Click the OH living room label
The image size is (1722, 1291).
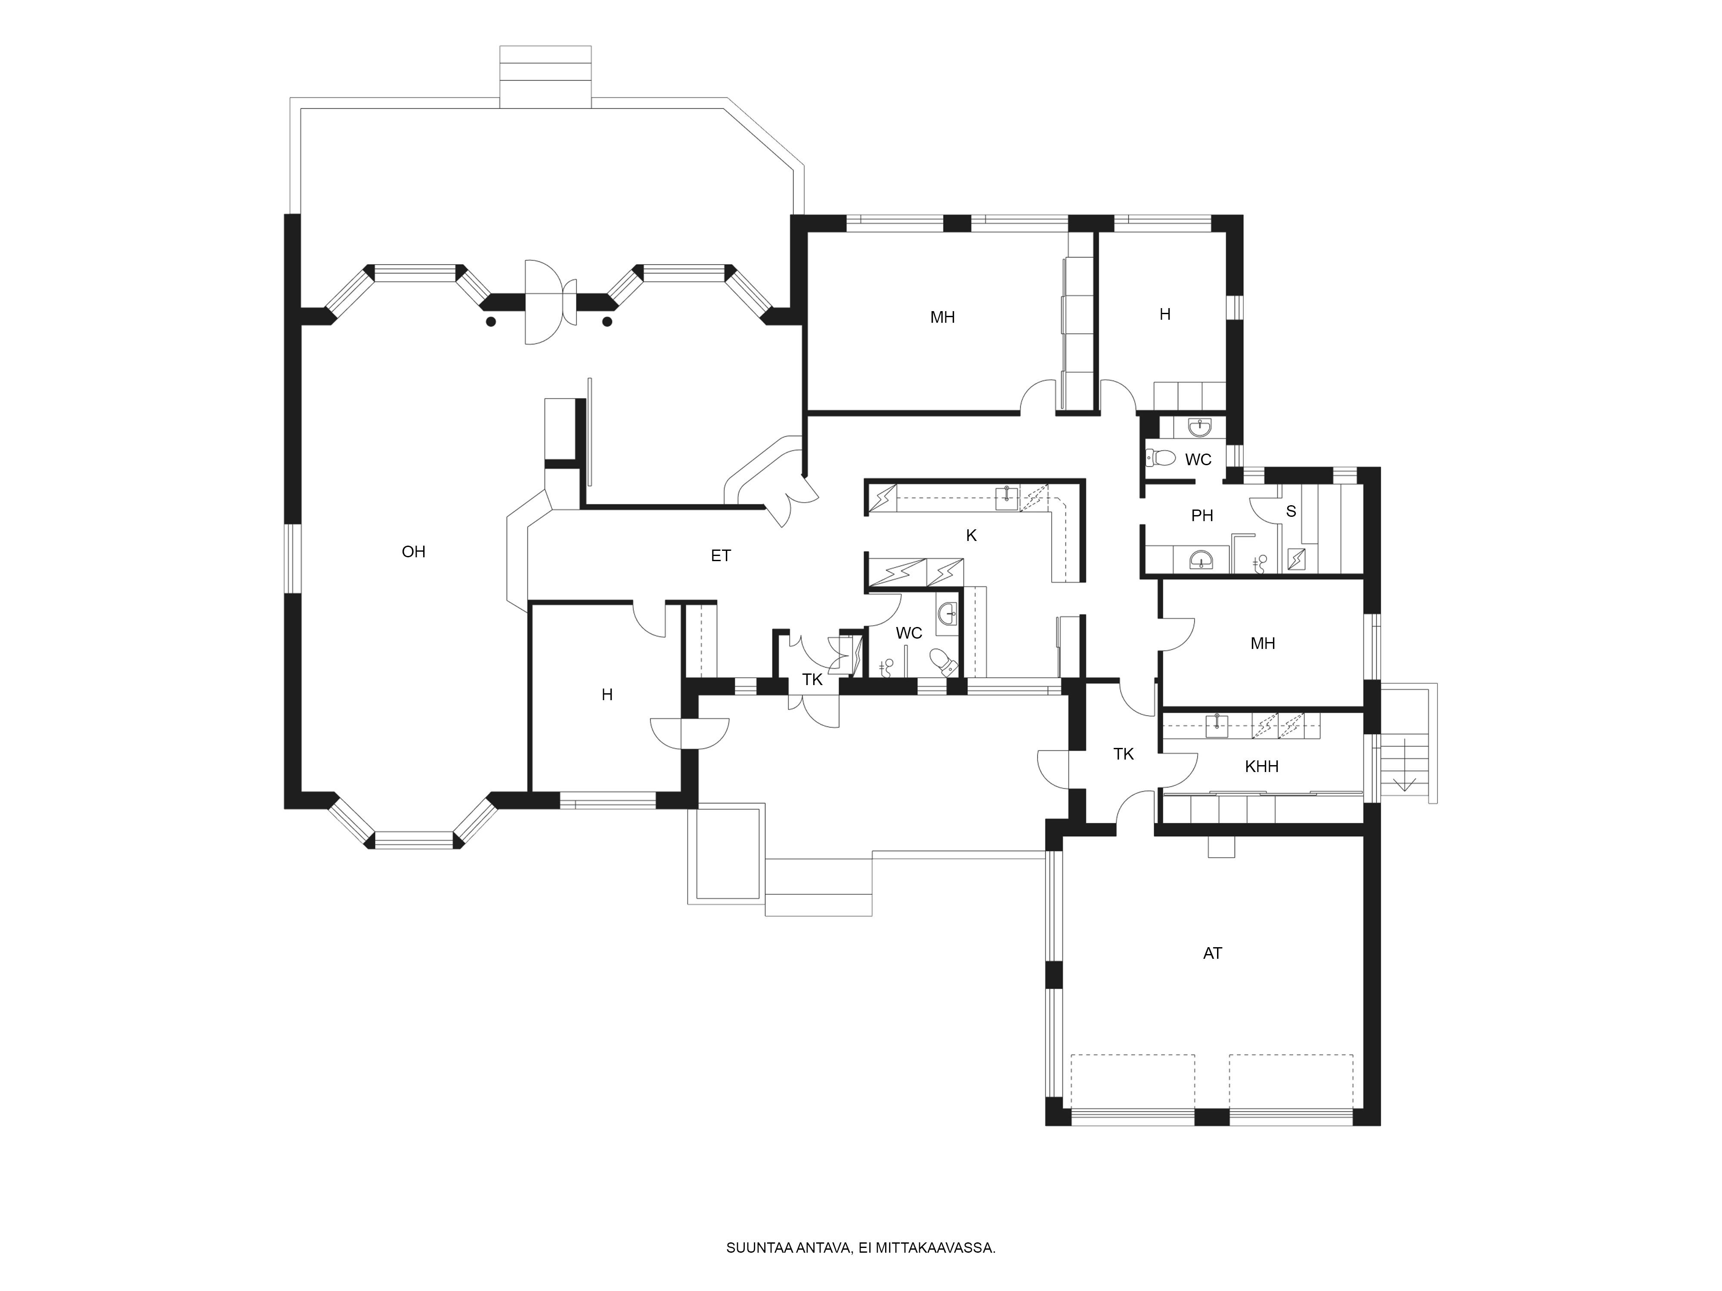pos(413,552)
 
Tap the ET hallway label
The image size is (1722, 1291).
pos(721,556)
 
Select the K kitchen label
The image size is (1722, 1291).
pos(971,535)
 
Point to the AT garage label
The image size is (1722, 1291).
pos(1212,953)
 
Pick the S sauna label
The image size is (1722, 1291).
pos(1291,511)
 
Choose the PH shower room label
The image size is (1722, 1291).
pos(1202,515)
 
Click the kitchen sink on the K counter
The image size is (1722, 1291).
pos(1007,498)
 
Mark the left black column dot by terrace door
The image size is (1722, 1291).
pos(490,321)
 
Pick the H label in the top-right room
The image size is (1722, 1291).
pos(1165,315)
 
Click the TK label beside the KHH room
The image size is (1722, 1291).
pos(1123,754)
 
